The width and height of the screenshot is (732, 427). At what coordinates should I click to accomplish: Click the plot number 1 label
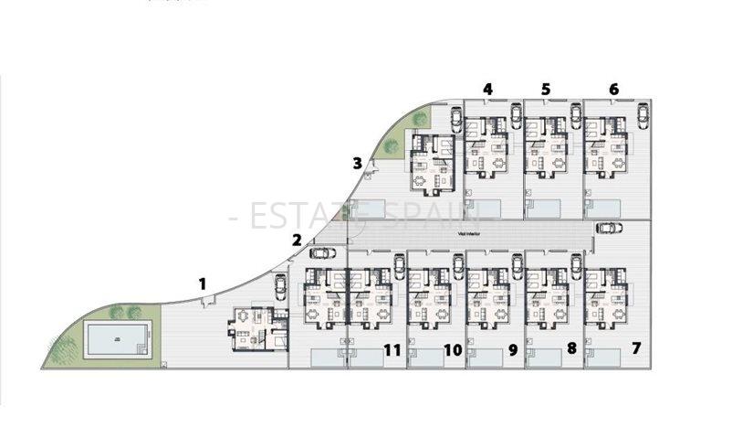[202, 283]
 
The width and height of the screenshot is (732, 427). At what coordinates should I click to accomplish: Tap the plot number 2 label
[297, 240]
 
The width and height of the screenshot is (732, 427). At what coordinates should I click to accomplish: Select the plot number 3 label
[358, 164]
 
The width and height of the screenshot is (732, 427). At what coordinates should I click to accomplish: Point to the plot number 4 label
[487, 90]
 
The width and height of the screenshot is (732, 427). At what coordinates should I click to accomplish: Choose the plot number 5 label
[546, 90]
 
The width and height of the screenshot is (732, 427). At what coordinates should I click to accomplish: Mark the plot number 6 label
[613, 90]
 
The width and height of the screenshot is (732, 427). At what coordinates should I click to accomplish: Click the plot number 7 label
[636, 348]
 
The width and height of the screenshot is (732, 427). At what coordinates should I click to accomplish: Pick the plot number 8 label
[571, 348]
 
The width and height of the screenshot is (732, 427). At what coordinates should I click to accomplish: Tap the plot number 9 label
[512, 348]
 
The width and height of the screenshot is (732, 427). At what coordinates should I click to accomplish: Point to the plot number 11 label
[392, 348]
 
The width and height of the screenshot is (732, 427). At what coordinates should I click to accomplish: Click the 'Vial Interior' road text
[471, 233]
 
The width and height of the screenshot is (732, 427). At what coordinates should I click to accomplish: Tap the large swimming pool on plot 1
[115, 339]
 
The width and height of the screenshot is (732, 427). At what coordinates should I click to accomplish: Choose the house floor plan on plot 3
[432, 163]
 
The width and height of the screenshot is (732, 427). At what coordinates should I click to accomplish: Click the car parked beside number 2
[322, 253]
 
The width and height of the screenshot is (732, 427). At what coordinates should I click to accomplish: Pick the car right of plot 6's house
[643, 115]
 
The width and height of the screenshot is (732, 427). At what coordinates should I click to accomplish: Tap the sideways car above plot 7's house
[609, 228]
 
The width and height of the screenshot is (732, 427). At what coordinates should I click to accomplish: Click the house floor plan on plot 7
[605, 299]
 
